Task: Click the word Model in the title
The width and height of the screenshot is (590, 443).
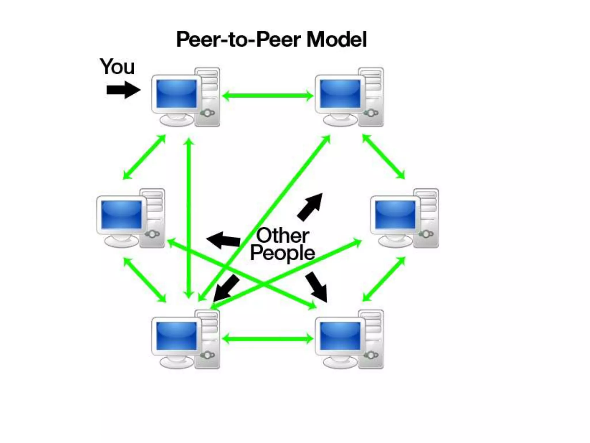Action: tap(336, 40)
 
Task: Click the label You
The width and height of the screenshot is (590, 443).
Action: tap(117, 67)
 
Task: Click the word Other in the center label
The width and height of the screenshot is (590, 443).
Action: tap(283, 235)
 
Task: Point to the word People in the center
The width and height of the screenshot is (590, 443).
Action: tap(282, 253)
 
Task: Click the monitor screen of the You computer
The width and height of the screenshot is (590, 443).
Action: tap(176, 94)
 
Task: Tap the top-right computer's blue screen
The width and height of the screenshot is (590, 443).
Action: tap(340, 94)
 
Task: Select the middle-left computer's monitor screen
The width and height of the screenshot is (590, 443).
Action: tap(121, 215)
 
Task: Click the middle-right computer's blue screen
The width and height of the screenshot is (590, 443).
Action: tap(395, 215)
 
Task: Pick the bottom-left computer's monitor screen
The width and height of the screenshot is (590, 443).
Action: tap(176, 336)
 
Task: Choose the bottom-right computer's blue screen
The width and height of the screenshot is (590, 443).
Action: tap(340, 336)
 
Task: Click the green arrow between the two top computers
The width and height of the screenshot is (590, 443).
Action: tap(268, 96)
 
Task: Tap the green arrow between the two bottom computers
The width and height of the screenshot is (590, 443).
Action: tap(268, 339)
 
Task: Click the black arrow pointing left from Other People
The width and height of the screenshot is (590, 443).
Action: tap(223, 240)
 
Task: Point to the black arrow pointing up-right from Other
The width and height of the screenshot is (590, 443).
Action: tap(310, 207)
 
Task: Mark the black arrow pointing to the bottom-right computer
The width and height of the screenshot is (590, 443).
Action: tap(317, 287)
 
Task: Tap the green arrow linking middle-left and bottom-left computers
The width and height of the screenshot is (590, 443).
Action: tap(145, 280)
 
